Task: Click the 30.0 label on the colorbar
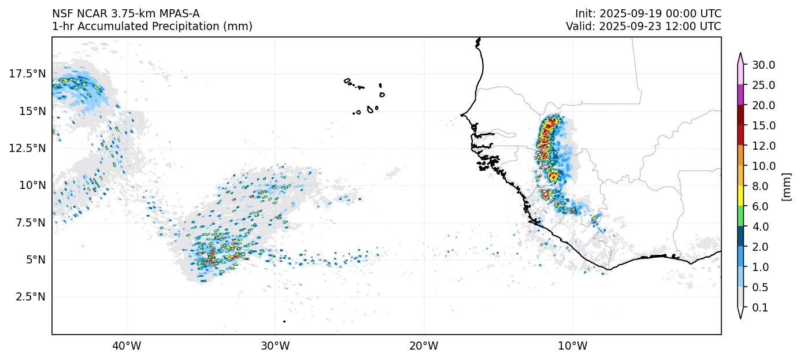click(763, 65)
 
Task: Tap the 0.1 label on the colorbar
click(760, 307)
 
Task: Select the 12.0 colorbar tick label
click(763, 146)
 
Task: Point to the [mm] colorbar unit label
click(786, 186)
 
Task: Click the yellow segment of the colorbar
click(740, 196)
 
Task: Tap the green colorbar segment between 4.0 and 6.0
click(740, 216)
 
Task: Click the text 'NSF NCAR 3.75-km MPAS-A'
click(126, 13)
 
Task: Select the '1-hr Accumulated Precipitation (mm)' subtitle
click(152, 26)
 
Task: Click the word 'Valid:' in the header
click(579, 26)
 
